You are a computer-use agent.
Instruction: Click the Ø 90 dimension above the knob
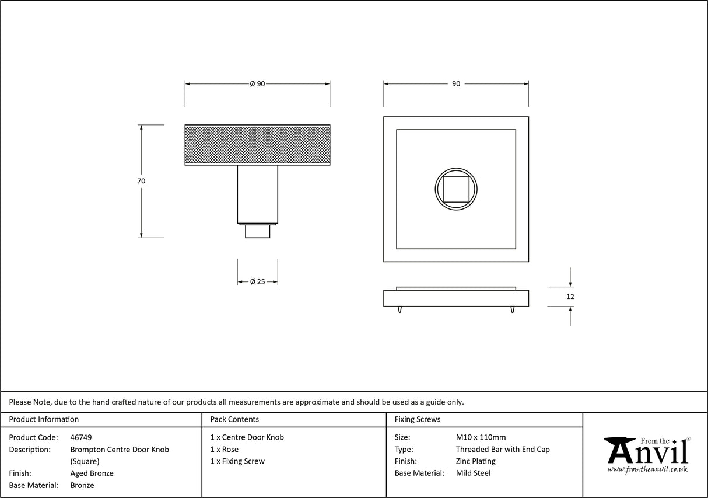tap(257, 84)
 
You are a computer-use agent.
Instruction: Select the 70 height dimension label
tap(141, 181)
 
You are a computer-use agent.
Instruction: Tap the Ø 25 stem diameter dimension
tap(257, 282)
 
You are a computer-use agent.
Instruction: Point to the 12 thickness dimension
tap(570, 297)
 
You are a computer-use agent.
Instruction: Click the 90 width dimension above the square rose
tap(455, 84)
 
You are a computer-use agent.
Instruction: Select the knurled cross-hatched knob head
tap(257, 145)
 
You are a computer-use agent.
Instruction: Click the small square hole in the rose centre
tap(455, 189)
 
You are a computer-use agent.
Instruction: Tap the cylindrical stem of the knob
tap(257, 194)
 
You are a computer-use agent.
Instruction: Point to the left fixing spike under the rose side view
tap(400, 309)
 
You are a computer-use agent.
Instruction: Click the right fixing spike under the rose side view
tap(512, 309)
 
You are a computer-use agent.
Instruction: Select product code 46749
tap(81, 437)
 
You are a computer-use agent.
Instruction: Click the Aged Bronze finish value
tap(92, 473)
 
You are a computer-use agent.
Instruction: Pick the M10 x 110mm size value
tap(481, 437)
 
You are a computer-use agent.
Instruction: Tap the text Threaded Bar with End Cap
tap(503, 450)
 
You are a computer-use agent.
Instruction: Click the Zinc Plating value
tap(475, 461)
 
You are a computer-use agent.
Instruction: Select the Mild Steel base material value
tap(473, 473)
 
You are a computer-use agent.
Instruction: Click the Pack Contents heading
tap(234, 419)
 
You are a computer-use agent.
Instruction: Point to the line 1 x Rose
tap(225, 450)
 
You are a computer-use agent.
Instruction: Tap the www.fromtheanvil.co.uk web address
tap(647, 469)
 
